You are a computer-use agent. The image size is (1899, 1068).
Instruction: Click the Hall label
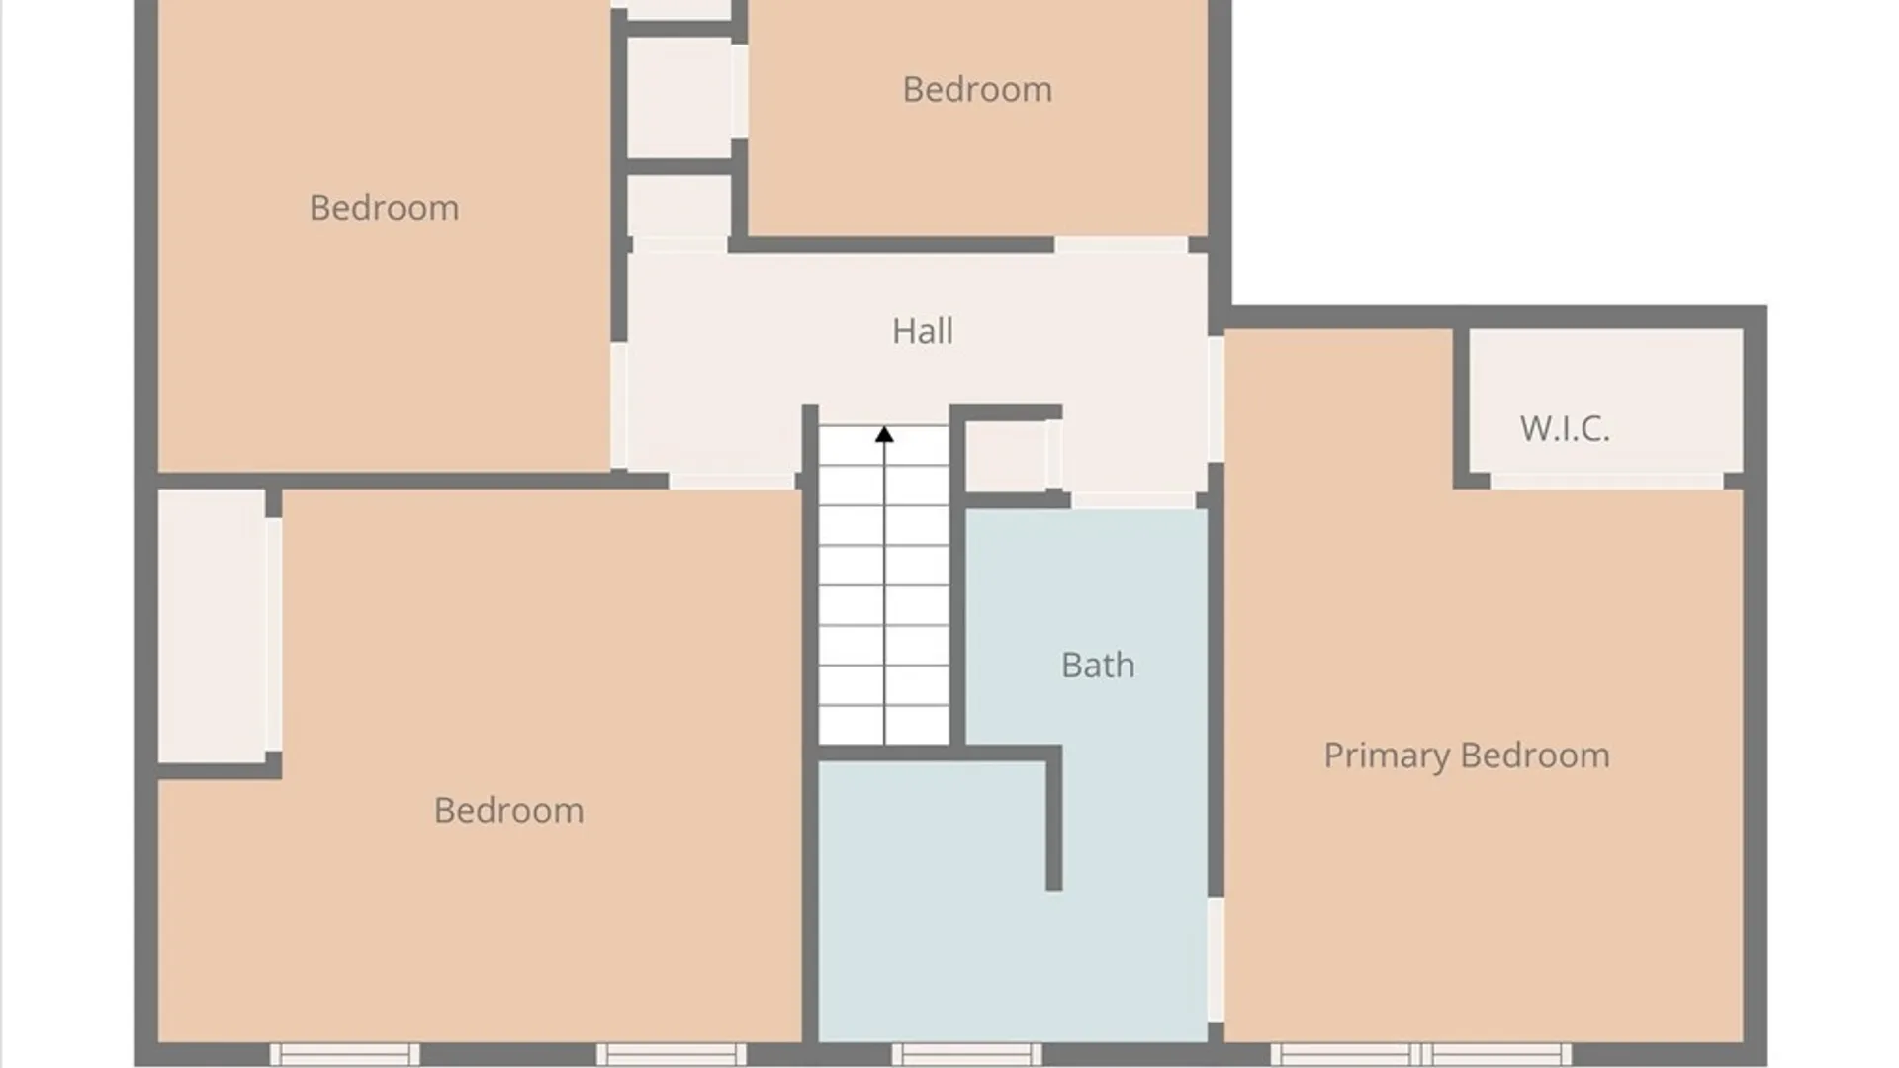923,331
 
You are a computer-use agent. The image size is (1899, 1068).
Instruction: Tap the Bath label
1098,665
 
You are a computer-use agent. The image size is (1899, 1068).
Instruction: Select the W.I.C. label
1565,428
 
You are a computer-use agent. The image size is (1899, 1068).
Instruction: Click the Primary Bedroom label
1467,756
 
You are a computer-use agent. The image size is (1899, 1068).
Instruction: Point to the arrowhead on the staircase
884,434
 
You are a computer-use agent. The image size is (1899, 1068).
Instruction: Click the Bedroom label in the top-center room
977,89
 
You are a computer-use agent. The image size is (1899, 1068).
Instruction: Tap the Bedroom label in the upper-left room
384,208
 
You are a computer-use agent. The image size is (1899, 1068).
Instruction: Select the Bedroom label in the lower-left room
508,811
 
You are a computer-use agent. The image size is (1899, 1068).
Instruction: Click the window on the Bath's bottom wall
966,1054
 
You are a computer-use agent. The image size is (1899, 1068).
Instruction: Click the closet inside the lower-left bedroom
212,626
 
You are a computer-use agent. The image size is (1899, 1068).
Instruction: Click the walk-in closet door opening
1607,482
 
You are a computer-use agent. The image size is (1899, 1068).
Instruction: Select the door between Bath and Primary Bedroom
1217,959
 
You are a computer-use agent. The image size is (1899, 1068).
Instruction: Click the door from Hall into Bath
1133,500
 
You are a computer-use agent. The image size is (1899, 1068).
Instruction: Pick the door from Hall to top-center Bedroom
1121,245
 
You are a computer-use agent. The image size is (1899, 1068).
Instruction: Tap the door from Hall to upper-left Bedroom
619,405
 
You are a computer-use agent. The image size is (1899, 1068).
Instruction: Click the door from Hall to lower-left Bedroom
733,482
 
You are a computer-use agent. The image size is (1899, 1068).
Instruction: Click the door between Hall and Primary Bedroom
1217,399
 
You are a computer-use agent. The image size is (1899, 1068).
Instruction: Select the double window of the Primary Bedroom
1420,1054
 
